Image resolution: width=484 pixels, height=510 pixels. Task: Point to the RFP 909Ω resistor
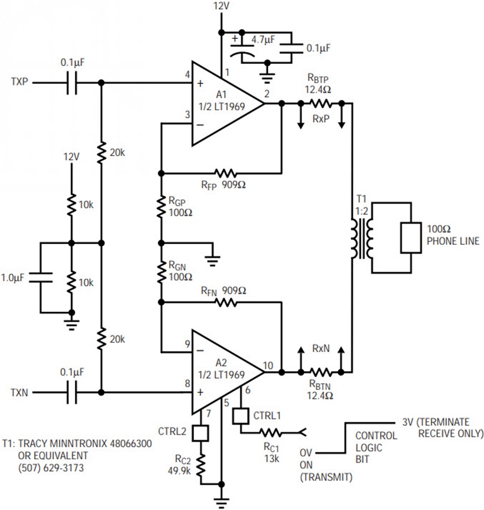[224, 173]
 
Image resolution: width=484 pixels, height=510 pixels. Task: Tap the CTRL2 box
[202, 433]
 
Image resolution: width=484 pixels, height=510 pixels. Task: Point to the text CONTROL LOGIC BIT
[376, 444]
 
